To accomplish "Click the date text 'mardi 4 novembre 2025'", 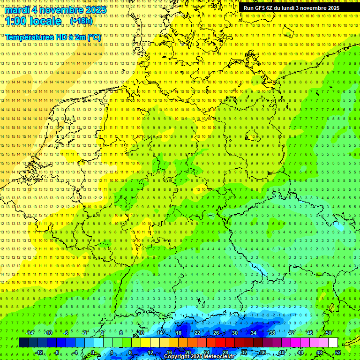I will point(55,10).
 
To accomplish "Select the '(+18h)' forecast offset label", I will point(81,21).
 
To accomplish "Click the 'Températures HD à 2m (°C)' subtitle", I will point(53,37).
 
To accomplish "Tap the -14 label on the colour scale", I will point(30,333).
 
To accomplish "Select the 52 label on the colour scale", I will point(337,352).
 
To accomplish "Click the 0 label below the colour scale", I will point(92,352).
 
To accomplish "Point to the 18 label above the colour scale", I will point(178,333).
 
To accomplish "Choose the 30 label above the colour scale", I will point(234,333).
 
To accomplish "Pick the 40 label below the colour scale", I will point(281,352).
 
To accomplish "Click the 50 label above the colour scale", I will point(328,333).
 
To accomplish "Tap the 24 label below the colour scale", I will point(206,352).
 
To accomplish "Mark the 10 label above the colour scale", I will point(141,333).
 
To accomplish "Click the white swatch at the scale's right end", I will point(333,343).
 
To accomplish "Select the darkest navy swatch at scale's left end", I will point(23,343).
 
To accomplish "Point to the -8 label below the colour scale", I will point(57,352).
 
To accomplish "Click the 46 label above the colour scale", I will point(309,333).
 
